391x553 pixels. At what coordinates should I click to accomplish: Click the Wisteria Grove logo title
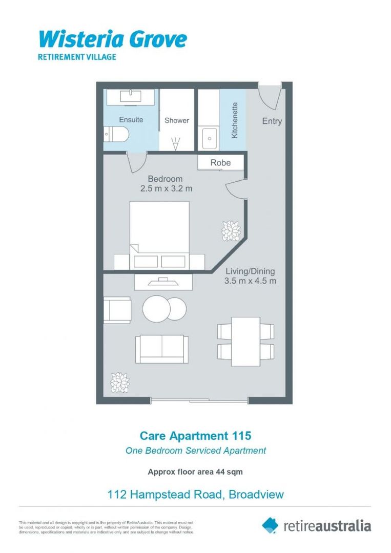[x=113, y=39]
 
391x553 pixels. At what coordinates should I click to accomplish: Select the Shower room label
[x=177, y=120]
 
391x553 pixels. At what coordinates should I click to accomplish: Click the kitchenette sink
[x=209, y=138]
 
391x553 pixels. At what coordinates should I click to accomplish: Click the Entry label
[x=272, y=121]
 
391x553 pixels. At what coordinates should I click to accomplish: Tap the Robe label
[x=220, y=163]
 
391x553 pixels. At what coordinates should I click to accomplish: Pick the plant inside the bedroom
[x=231, y=231]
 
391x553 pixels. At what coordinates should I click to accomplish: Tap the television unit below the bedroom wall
[x=164, y=282]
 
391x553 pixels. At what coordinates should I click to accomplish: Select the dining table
[x=245, y=342]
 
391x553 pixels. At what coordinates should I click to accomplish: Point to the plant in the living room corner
[x=120, y=382]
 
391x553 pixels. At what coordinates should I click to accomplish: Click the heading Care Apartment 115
[x=196, y=436]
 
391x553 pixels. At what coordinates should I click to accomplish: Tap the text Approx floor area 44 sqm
[x=195, y=472]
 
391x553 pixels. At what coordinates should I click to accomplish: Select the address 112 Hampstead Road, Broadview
[x=195, y=495]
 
